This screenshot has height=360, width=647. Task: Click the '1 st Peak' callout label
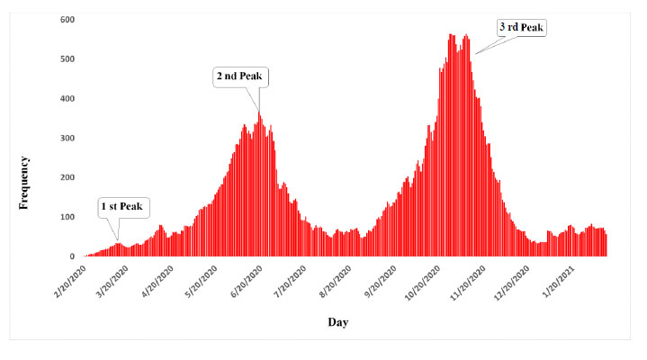(x=120, y=207)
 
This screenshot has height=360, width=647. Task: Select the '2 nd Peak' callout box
(x=241, y=77)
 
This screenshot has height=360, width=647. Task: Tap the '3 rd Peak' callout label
(x=522, y=27)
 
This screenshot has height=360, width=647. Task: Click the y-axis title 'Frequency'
(x=25, y=183)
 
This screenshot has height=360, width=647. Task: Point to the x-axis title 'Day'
(x=337, y=321)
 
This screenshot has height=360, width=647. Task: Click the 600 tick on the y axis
(x=67, y=19)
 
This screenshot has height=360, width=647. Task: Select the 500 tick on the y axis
(x=67, y=58)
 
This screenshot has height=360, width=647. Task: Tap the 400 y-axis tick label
(x=67, y=98)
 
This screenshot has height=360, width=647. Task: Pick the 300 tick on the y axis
(x=67, y=138)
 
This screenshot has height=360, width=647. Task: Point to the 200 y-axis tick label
(x=67, y=177)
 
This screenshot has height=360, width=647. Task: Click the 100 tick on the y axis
(x=67, y=217)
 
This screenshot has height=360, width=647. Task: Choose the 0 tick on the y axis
(x=72, y=256)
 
